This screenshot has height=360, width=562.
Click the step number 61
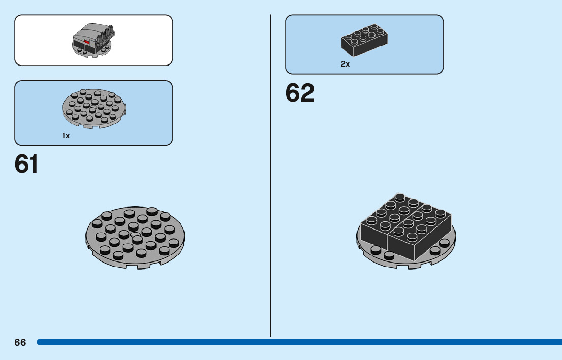(x=26, y=164)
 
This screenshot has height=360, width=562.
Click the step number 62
(x=300, y=93)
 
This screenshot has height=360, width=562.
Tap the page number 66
(x=20, y=342)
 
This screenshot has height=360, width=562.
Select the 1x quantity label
(x=66, y=136)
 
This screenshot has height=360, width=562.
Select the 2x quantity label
(x=345, y=64)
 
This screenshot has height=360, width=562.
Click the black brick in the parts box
(x=365, y=40)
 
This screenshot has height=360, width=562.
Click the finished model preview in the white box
(x=93, y=41)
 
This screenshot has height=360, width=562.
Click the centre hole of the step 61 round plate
(x=135, y=235)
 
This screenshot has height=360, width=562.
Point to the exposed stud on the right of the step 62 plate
(x=436, y=249)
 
